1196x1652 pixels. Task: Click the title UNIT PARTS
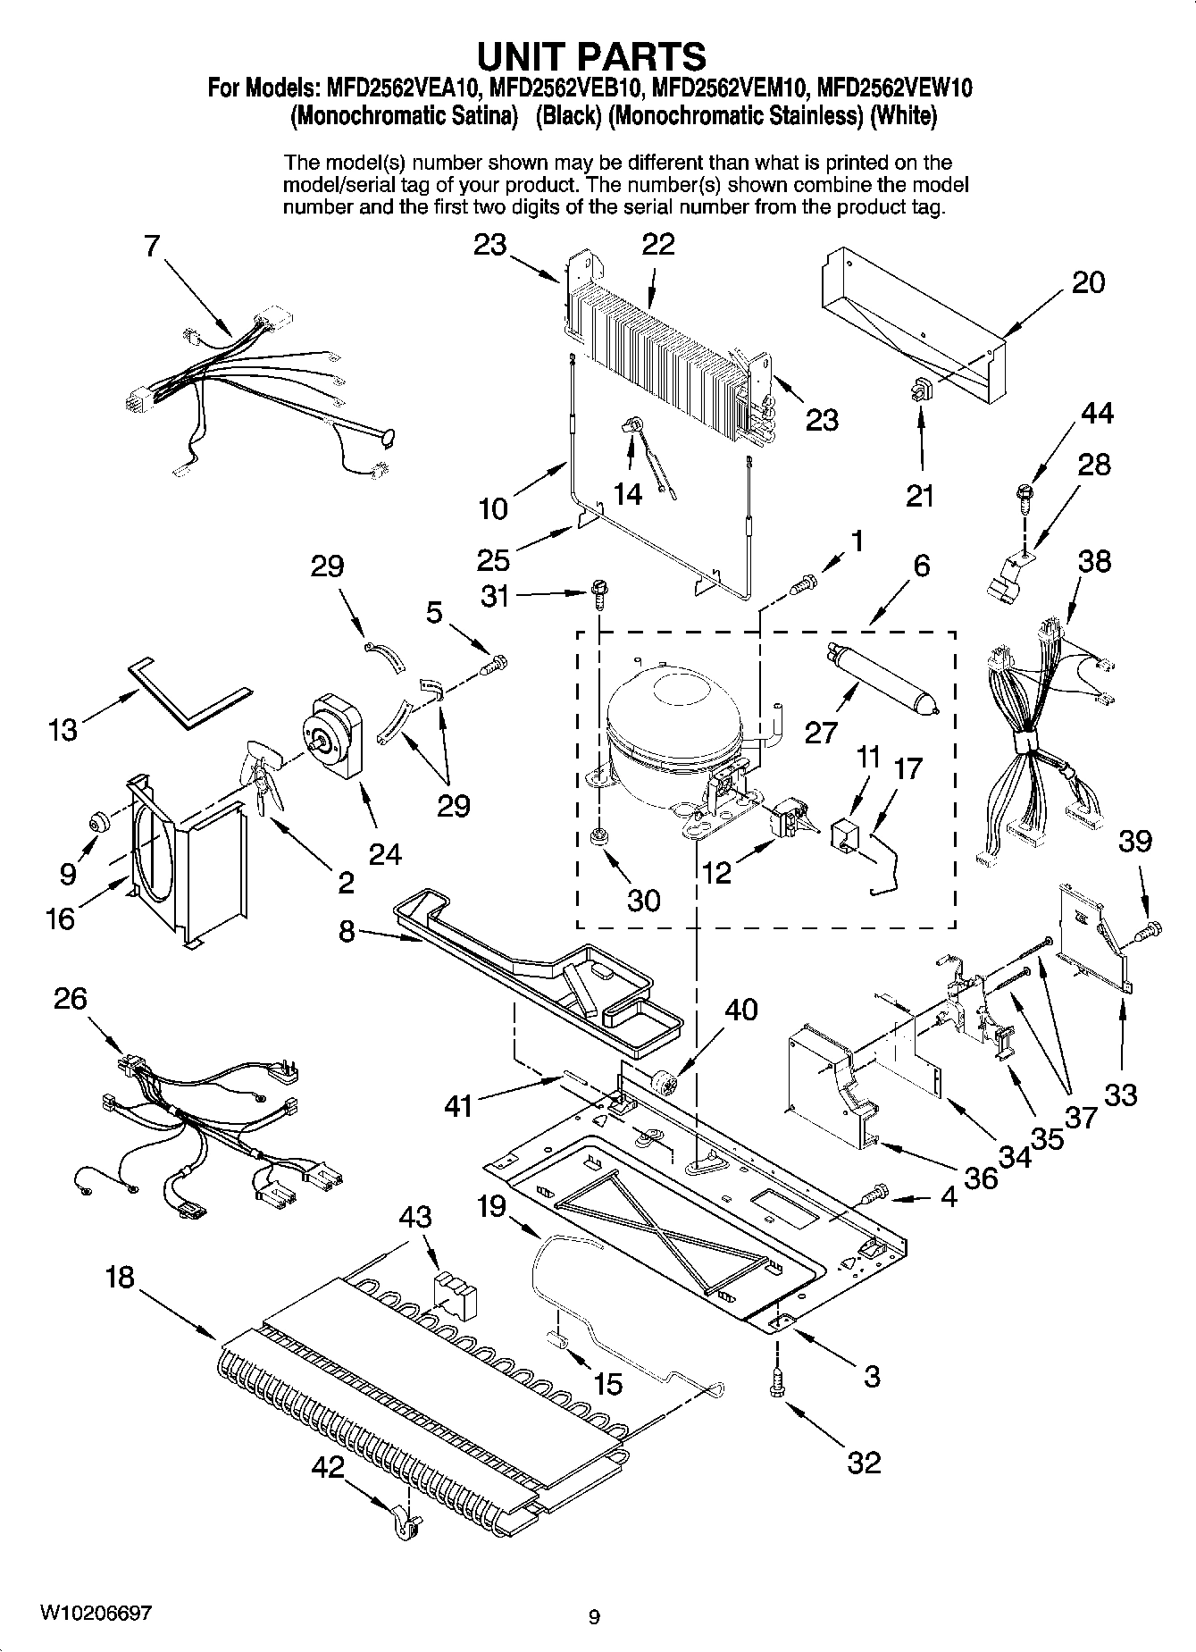pyautogui.click(x=591, y=55)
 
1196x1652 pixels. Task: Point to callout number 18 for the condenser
pyautogui.click(x=119, y=1277)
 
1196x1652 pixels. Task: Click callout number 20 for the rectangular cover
pyautogui.click(x=1088, y=282)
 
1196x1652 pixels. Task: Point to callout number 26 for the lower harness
pyautogui.click(x=71, y=998)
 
